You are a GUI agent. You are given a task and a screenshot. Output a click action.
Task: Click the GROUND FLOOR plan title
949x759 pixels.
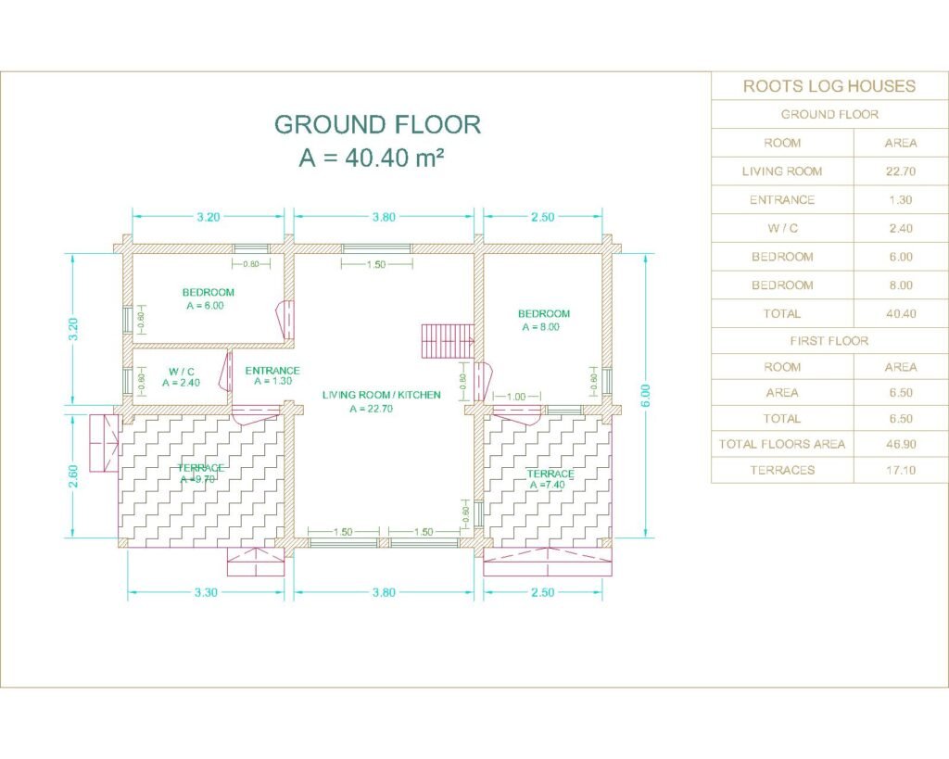[378, 124]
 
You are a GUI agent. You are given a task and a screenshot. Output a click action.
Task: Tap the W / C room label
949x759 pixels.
[182, 371]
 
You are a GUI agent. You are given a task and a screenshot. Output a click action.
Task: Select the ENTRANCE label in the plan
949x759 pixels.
[272, 371]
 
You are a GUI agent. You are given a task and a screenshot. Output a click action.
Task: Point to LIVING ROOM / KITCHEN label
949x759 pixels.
[381, 395]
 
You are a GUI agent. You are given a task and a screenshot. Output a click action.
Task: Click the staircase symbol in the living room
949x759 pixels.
[448, 341]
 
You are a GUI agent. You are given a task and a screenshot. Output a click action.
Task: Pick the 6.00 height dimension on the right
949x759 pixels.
[646, 395]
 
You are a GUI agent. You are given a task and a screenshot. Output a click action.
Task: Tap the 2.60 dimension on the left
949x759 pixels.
[72, 475]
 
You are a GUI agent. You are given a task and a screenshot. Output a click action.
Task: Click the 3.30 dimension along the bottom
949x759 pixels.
[206, 592]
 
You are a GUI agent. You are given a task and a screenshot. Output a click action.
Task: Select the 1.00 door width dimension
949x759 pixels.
[516, 397]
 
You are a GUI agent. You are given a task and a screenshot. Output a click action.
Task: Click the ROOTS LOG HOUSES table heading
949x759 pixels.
[829, 86]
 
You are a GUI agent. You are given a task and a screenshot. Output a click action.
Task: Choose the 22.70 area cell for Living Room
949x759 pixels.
[901, 171]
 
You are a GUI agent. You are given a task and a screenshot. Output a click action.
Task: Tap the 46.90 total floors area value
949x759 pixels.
[901, 444]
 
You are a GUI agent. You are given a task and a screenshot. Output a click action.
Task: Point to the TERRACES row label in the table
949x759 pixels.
[782, 470]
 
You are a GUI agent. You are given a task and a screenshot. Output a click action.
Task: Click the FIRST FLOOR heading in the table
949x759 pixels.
[829, 341]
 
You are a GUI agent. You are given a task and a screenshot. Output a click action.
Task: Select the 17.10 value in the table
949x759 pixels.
[901, 470]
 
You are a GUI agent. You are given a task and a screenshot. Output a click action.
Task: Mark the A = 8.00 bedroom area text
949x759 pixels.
[540, 327]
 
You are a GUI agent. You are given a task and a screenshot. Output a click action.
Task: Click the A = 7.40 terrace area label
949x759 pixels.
[547, 485]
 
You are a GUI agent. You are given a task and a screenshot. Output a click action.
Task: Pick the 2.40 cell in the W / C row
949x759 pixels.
[901, 228]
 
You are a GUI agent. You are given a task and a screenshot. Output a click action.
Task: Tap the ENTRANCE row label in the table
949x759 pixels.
[782, 200]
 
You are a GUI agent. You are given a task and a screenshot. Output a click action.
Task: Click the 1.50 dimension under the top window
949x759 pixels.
[376, 264]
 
